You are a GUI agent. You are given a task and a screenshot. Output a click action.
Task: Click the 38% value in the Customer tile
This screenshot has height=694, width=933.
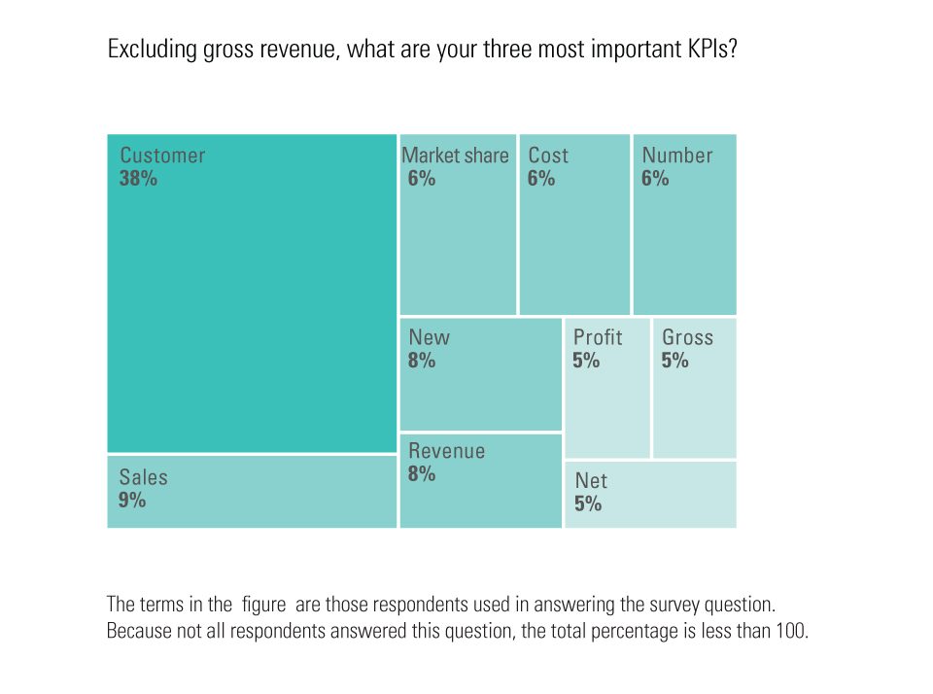[138, 179]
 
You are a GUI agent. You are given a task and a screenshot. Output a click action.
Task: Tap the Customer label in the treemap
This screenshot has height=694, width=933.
[162, 156]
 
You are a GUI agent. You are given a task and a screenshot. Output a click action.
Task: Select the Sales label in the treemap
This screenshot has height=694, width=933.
[144, 477]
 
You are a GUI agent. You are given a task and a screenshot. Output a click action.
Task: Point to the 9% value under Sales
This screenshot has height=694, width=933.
[132, 501]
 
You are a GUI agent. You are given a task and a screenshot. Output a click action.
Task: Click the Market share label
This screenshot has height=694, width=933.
[455, 156]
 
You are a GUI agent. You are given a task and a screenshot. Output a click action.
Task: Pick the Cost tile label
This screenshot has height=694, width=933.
[548, 156]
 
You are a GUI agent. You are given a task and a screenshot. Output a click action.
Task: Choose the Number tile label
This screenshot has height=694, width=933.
[677, 156]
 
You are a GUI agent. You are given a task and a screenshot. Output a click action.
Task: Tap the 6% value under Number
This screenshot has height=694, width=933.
[655, 179]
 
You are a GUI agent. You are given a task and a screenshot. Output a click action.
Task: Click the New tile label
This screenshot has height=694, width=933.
[429, 337]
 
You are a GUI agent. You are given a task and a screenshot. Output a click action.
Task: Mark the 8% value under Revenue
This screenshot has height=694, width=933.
[422, 474]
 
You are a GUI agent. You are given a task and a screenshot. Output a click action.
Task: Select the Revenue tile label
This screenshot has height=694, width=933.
[446, 451]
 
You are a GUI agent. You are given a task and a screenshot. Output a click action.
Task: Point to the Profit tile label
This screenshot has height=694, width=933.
[598, 337]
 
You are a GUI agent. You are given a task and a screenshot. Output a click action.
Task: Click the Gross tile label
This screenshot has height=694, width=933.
[687, 337]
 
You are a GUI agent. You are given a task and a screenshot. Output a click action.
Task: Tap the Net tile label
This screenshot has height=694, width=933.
[591, 480]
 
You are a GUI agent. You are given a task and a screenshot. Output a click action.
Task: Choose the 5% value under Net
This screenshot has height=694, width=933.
[588, 503]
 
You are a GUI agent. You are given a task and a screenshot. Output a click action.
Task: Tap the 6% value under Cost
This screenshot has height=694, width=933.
[541, 179]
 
